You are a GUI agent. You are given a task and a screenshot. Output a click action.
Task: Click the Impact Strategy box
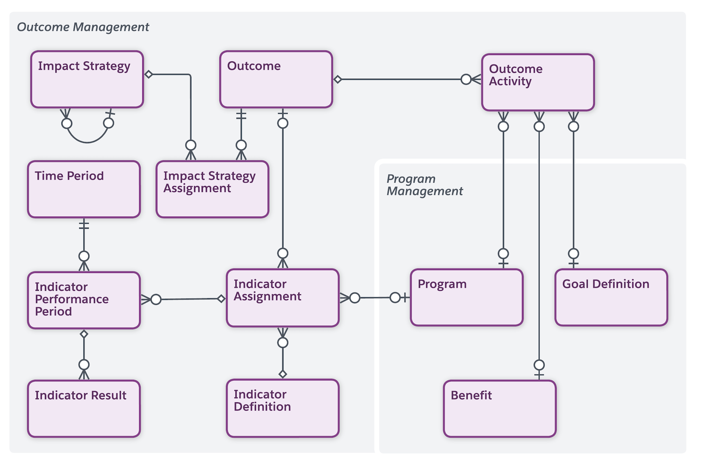87,79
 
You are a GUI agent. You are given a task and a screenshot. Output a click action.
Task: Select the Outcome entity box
276,79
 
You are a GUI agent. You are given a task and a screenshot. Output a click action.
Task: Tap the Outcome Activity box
538,82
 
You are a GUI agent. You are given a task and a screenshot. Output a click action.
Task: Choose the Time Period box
84,189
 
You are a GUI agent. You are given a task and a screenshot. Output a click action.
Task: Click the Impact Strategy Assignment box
212,189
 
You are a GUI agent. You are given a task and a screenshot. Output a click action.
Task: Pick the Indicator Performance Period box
84,300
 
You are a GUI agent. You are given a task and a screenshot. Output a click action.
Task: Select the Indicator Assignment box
283,298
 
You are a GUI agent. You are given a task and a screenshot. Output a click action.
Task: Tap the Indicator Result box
84,409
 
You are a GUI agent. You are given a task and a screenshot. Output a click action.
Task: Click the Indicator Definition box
283,408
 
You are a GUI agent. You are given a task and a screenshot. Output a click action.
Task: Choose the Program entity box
467,297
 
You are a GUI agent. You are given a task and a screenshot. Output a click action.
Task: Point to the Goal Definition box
611,297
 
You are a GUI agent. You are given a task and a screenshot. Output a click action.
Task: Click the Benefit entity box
499,409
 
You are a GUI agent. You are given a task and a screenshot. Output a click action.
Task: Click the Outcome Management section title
83,27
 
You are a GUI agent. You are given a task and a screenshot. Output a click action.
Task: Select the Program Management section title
424,185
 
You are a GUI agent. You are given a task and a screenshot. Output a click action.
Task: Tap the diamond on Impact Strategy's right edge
149,74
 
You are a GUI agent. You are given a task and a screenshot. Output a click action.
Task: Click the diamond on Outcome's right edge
338,80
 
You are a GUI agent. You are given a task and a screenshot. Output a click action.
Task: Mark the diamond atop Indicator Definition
283,374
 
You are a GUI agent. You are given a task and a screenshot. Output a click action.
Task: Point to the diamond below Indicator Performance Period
84,334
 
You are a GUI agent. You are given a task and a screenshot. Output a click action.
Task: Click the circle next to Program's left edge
395,298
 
